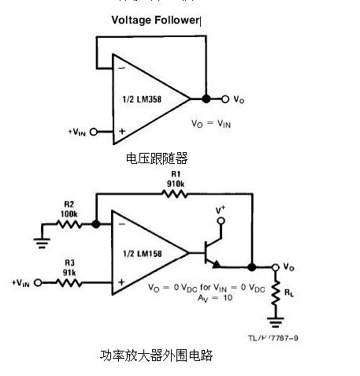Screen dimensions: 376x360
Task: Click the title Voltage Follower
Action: (x=156, y=20)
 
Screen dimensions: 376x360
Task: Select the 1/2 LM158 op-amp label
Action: (x=142, y=253)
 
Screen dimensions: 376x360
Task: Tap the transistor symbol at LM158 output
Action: (x=209, y=254)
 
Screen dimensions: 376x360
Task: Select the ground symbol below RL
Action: (x=276, y=323)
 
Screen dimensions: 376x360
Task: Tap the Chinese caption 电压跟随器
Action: (x=157, y=158)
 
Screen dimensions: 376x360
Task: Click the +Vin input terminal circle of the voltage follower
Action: (x=95, y=132)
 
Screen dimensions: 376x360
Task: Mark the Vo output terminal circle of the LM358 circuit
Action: (x=225, y=99)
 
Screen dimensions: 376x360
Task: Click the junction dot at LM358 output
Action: (x=206, y=99)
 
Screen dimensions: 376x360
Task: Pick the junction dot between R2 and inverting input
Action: (x=96, y=224)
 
